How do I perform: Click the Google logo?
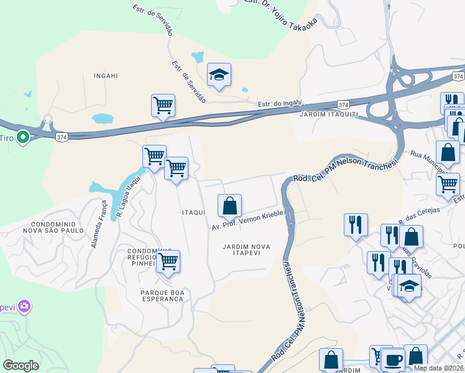pyautogui.click(x=21, y=366)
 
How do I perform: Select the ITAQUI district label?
pyautogui.click(x=193, y=213)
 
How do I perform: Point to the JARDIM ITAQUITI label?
pyautogui.click(x=328, y=115)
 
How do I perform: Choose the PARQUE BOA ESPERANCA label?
pyautogui.click(x=153, y=295)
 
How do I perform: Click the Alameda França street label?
pyautogui.click(x=99, y=224)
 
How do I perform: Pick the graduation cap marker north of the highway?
pyautogui.click(x=219, y=76)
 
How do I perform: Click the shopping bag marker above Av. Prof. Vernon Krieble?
pyautogui.click(x=229, y=206)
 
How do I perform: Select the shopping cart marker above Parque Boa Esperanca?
pyautogui.click(x=168, y=262)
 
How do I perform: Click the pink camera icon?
pyautogui.click(x=24, y=306)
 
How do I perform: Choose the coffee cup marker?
pyautogui.click(x=392, y=359)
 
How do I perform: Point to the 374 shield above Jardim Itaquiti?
pyautogui.click(x=343, y=104)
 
